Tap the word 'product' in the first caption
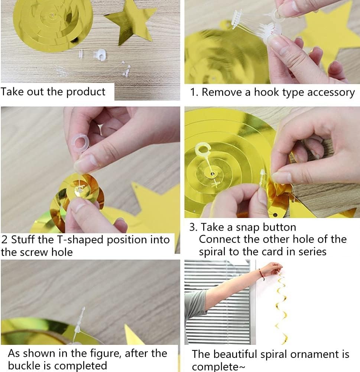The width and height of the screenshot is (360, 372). tap(85, 92)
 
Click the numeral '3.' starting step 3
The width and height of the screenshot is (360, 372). tap(194, 227)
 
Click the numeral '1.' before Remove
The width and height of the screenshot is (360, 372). tap(194, 92)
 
